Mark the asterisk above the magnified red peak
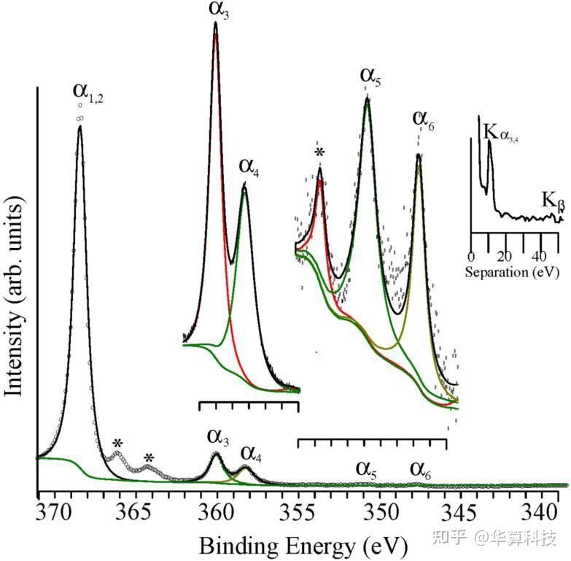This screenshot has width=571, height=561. coord(319,152)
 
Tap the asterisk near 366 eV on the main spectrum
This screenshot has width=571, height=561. coord(117,443)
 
